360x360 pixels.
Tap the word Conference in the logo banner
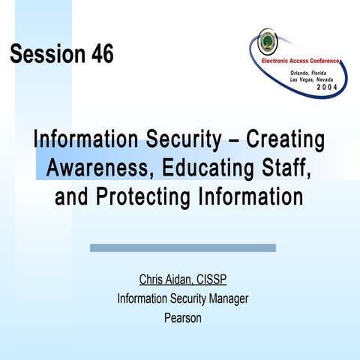point(322,60)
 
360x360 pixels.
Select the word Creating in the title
point(286,140)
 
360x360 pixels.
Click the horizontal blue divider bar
point(182,247)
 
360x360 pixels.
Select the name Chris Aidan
point(164,280)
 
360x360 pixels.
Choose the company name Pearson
point(182,317)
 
